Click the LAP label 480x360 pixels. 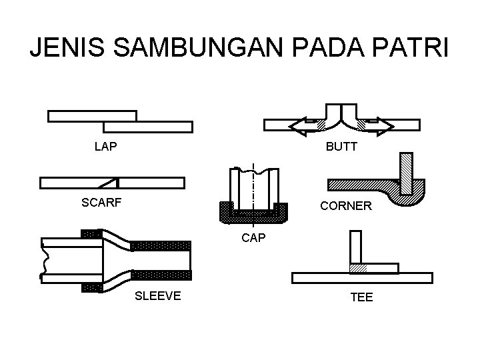click(x=106, y=147)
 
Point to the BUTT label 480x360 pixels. click(x=341, y=147)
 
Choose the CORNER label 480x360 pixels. click(x=345, y=206)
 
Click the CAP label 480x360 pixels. click(x=253, y=236)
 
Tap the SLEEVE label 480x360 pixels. click(x=157, y=296)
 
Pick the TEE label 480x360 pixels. click(x=361, y=297)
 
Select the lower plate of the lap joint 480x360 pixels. click(x=148, y=127)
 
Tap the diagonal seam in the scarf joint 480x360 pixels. click(x=108, y=183)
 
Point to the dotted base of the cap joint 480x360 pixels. click(x=253, y=216)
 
